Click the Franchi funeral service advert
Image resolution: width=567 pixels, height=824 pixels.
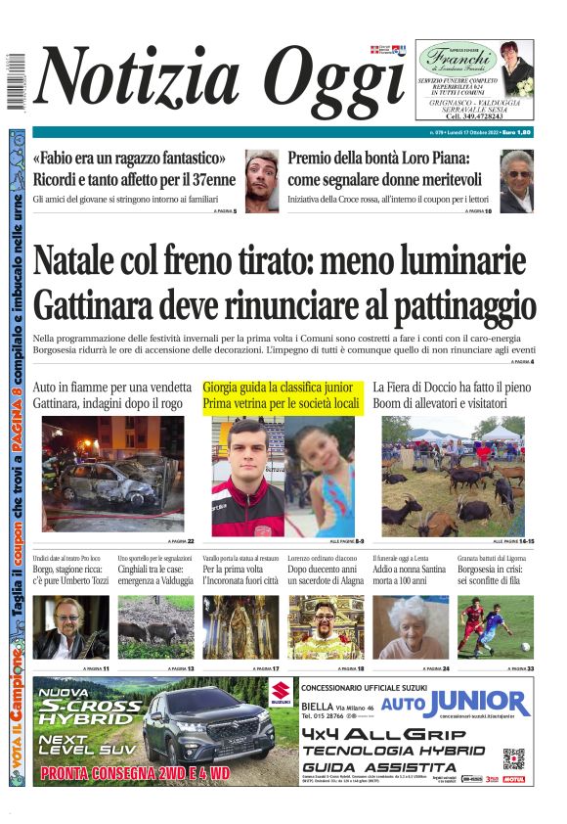coord(475,81)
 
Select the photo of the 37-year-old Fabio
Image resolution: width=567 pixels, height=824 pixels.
coord(262,180)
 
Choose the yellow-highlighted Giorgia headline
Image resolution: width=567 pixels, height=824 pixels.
coord(283,395)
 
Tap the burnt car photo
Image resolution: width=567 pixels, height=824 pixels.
coord(112,475)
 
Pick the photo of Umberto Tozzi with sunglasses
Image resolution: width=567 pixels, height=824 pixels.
coord(71,627)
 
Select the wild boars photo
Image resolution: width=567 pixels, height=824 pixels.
coord(156,627)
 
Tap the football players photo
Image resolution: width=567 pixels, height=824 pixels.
coord(495,627)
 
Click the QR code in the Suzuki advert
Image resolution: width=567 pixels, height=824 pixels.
coord(514,759)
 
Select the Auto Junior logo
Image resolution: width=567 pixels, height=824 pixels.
coord(455,703)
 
